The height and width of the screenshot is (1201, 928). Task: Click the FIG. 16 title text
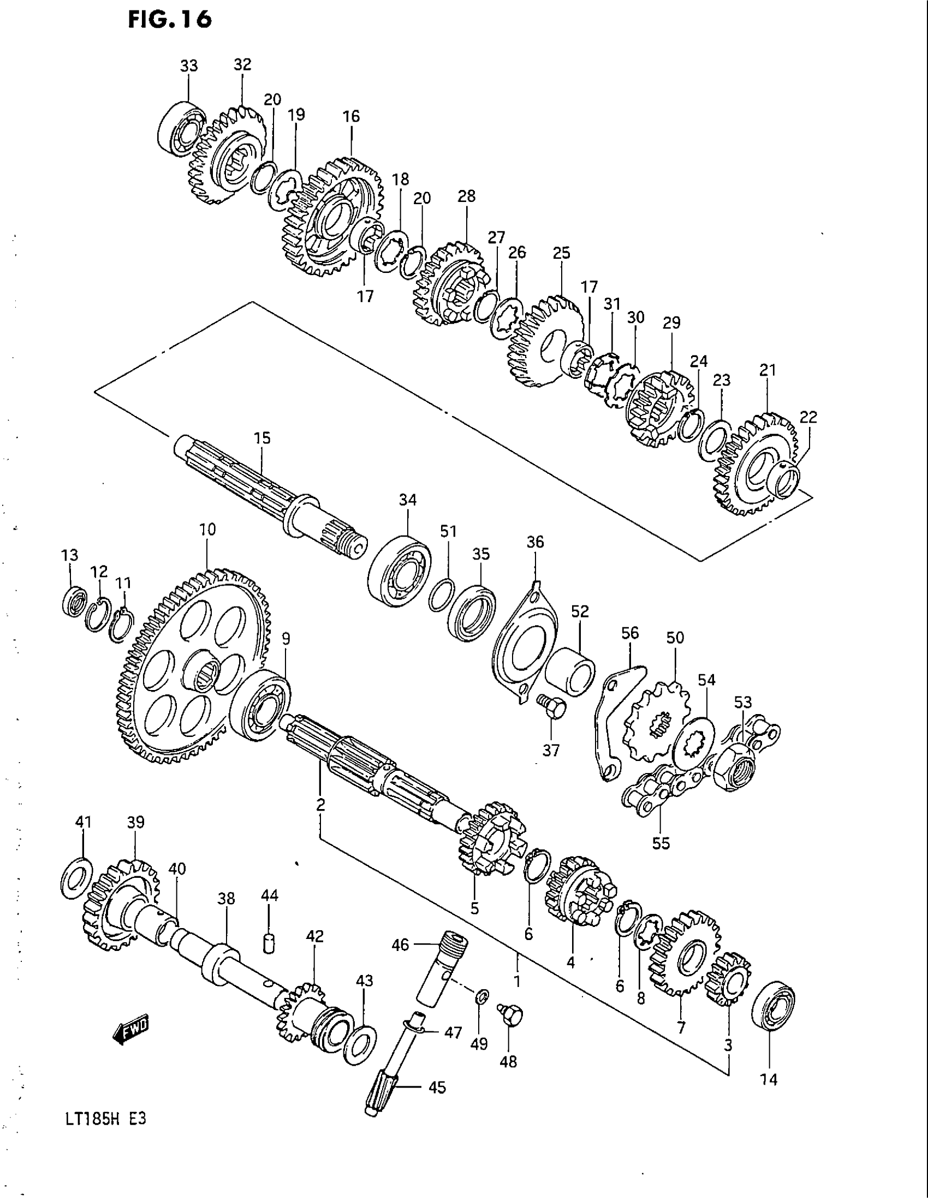tap(170, 20)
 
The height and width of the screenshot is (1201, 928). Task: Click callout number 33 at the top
tap(188, 66)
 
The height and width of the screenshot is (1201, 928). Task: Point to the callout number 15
tap(262, 438)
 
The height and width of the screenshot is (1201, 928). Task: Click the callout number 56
tap(630, 633)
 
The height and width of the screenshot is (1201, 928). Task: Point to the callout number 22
tap(808, 417)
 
